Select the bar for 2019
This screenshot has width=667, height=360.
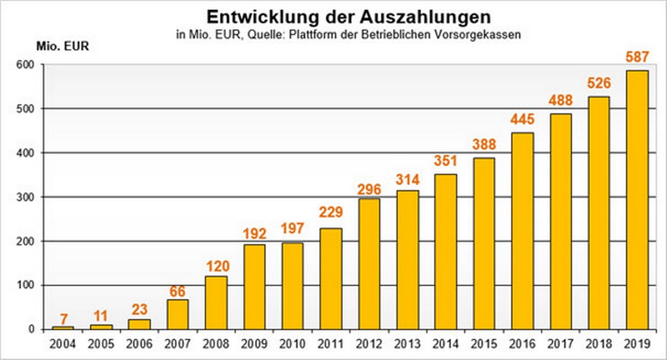pyautogui.click(x=636, y=199)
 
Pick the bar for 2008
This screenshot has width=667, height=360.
pyautogui.click(x=216, y=302)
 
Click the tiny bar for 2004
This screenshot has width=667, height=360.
pyautogui.click(x=63, y=327)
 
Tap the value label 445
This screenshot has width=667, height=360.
pyautogui.click(x=522, y=121)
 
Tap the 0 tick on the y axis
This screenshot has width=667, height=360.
pyautogui.click(x=31, y=329)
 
